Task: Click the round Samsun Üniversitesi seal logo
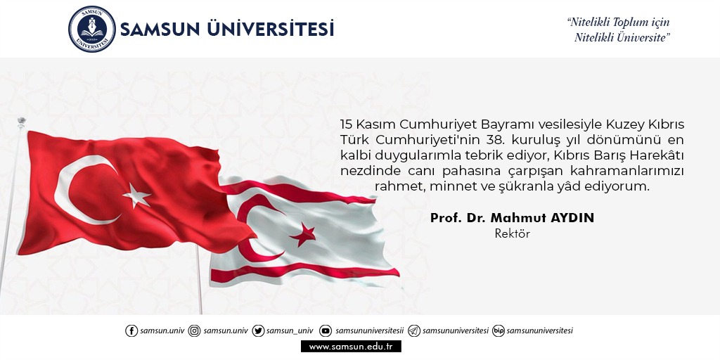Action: click(91, 29)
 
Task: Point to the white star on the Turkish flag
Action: click(136, 195)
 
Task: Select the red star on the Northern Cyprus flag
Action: click(304, 233)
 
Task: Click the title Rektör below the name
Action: click(512, 233)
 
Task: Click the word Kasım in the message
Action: click(374, 124)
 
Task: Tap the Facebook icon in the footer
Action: click(131, 330)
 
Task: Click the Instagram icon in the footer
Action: click(195, 330)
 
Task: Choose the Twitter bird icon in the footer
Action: click(258, 330)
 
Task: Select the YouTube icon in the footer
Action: click(326, 330)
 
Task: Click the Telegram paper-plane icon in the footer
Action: click(414, 330)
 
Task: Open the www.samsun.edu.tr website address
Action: click(351, 346)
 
